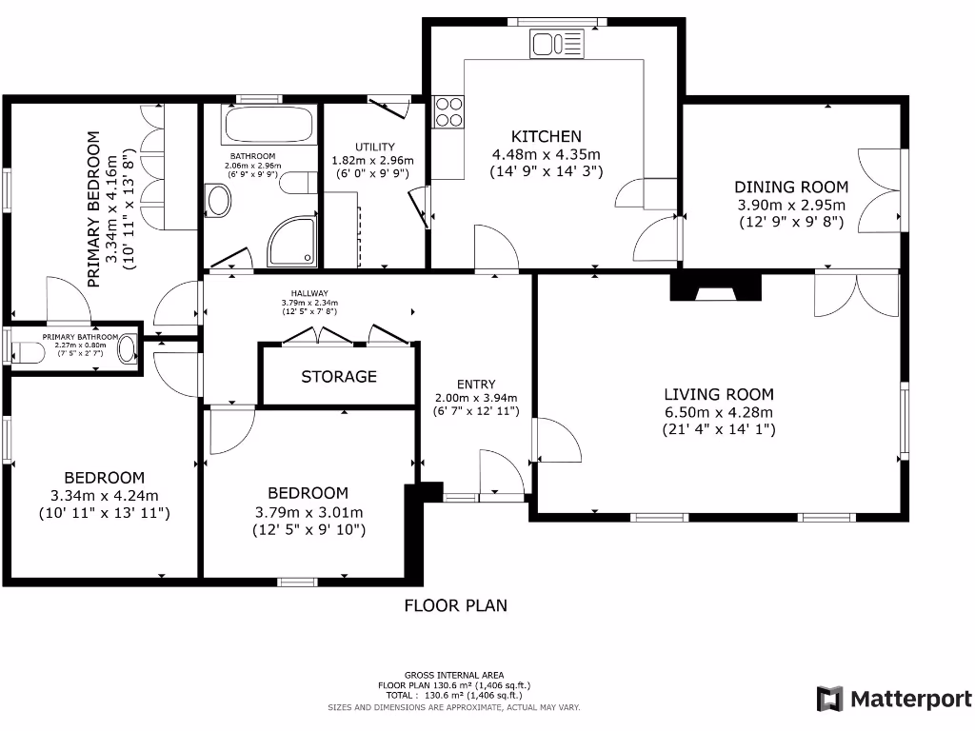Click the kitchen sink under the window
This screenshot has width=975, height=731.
tap(558, 43)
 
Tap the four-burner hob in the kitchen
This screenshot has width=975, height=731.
tap(449, 112)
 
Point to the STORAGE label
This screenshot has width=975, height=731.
tap(339, 377)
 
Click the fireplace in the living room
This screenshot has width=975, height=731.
tap(717, 287)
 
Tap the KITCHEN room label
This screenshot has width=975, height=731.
tap(546, 136)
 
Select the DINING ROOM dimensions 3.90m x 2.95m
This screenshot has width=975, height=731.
tap(791, 205)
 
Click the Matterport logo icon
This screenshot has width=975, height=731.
tap(829, 699)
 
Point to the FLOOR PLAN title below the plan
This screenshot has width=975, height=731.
tap(456, 605)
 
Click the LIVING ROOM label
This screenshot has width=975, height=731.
tap(719, 394)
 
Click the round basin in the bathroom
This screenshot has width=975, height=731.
tap(219, 202)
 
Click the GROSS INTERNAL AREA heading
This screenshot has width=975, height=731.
tap(454, 675)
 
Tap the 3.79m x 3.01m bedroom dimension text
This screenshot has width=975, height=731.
tap(308, 512)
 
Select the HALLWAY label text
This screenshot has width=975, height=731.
tap(310, 293)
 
